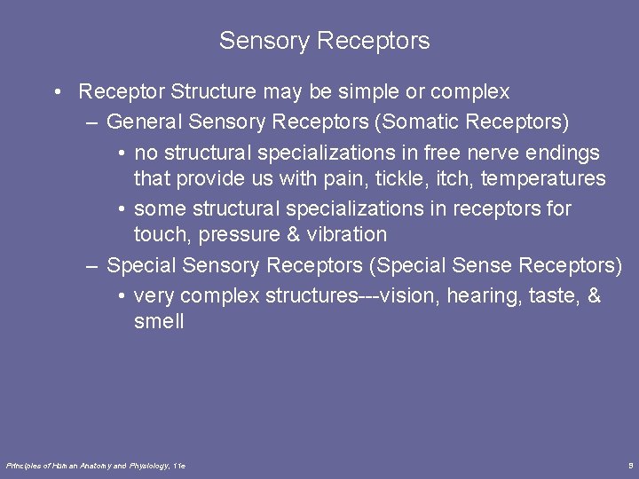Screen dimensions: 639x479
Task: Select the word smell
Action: pos(159,321)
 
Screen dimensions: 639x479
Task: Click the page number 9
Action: pos(629,465)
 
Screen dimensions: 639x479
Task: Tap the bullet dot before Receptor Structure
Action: pos(56,92)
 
